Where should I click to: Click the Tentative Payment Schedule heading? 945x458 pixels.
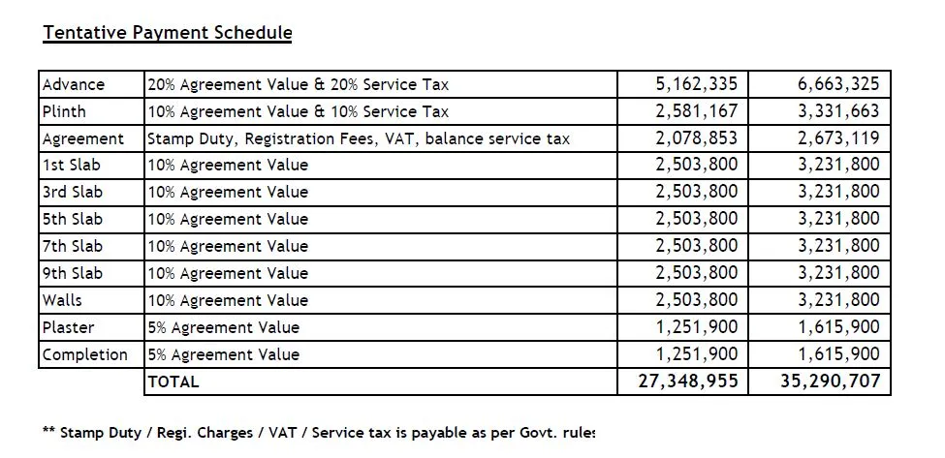[167, 33]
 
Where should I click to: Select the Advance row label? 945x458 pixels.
[74, 84]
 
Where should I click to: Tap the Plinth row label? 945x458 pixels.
[64, 111]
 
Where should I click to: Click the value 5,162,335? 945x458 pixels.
[696, 84]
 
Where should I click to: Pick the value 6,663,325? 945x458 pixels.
[838, 84]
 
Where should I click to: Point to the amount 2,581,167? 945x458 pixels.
[696, 111]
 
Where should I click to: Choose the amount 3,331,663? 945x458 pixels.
[838, 111]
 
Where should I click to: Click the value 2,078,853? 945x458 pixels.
[696, 138]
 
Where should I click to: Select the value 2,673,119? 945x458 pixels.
[838, 138]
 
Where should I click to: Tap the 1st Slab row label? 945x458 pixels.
[71, 166]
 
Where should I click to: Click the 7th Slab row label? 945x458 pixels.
[72, 246]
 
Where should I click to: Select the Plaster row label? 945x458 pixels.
[68, 327]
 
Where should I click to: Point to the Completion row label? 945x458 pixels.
[85, 354]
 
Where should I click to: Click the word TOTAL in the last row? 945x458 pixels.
[173, 382]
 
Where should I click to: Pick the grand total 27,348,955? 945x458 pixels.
[687, 382]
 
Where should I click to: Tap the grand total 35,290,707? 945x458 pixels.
[830, 382]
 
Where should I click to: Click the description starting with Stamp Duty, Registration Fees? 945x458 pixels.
[359, 138]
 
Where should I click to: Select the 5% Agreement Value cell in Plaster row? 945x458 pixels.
[224, 327]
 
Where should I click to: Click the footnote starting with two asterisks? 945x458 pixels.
[319, 433]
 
